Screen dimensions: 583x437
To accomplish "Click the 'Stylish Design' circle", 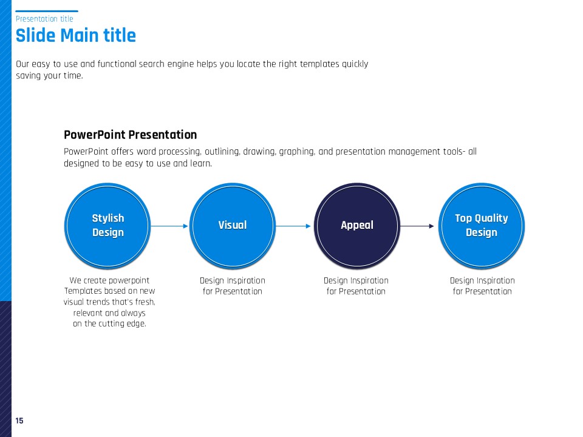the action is (107, 226).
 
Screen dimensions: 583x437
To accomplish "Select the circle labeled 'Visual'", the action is (233, 226).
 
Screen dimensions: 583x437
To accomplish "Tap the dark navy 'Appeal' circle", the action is (357, 226).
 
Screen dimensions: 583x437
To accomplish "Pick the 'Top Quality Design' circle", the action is (482, 226).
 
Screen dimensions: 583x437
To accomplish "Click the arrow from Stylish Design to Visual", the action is (169, 226).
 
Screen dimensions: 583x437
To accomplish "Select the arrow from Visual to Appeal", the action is (293, 226).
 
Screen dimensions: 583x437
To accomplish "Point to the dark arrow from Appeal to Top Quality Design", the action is (417, 226).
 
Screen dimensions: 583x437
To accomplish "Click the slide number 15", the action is (19, 421).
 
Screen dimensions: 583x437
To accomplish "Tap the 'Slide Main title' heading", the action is (76, 36).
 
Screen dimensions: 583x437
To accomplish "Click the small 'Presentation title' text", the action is (44, 19).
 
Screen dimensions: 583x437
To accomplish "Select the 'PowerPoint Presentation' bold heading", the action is (130, 135).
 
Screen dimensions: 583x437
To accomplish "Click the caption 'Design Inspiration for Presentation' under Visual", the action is (233, 286).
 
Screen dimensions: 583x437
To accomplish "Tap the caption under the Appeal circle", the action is (356, 286).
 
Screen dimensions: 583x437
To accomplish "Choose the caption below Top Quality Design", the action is (482, 286).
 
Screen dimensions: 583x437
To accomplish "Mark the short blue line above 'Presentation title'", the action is (47, 11).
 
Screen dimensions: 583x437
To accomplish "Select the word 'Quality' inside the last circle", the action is (491, 218).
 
